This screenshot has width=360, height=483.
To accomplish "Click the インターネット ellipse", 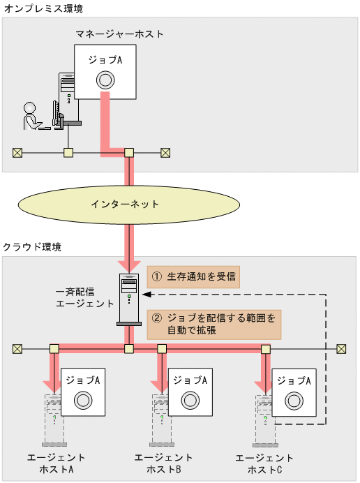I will point(126,205).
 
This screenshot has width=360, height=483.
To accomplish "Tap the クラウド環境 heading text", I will point(31,247).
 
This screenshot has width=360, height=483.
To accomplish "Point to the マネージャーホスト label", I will point(120,34).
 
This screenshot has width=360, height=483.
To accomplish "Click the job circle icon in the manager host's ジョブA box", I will point(105,80).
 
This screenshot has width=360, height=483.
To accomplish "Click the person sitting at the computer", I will point(32,117).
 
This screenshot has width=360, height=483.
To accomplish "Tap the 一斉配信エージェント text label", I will point(84,297).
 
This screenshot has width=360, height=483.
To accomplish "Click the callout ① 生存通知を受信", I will point(193,276).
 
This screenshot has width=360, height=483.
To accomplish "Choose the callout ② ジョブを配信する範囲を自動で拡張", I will point(213,324).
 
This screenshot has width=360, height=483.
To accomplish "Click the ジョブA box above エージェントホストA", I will point(84,392).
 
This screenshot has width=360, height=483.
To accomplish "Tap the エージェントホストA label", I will point(55,463).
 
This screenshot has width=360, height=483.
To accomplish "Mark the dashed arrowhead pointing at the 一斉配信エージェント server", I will point(148,295).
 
